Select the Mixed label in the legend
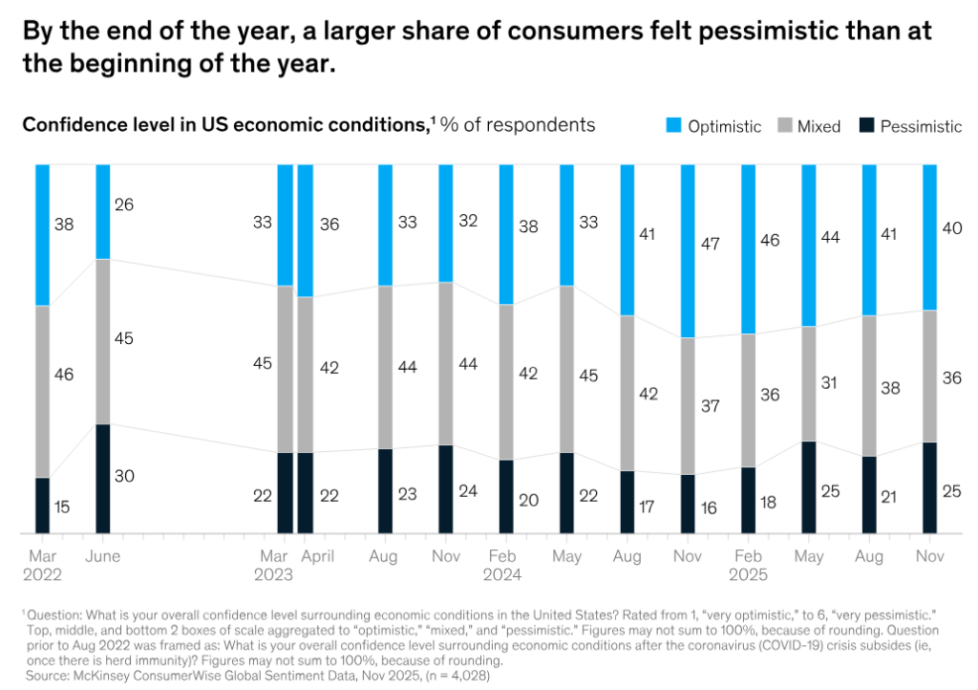click(819, 126)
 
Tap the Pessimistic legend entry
click(920, 126)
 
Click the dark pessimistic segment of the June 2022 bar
click(102, 478)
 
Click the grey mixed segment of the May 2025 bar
click(808, 383)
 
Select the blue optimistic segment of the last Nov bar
click(929, 237)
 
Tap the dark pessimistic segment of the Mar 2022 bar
click(42, 505)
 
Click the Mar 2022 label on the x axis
click(42, 566)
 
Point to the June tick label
click(102, 556)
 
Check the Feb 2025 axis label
click(750, 566)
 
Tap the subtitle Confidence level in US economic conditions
click(224, 125)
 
